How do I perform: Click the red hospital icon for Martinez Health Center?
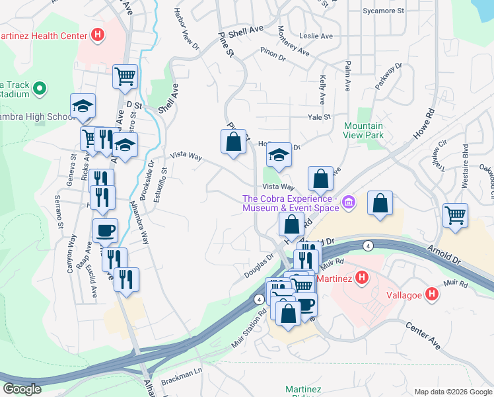[x=98, y=34]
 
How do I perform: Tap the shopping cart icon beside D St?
[x=124, y=76]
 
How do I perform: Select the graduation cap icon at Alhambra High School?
[x=83, y=106]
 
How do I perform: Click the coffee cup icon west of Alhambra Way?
[x=105, y=230]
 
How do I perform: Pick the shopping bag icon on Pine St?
[x=233, y=141]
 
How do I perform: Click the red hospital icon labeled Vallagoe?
[x=431, y=294]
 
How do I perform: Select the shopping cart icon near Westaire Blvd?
[x=455, y=215]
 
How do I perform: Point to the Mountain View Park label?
[x=363, y=130]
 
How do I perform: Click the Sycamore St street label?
[x=383, y=11]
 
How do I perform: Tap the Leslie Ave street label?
[x=316, y=36]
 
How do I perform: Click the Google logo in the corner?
[x=22, y=388]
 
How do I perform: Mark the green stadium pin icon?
[x=39, y=87]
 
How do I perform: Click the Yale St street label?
[x=318, y=117]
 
